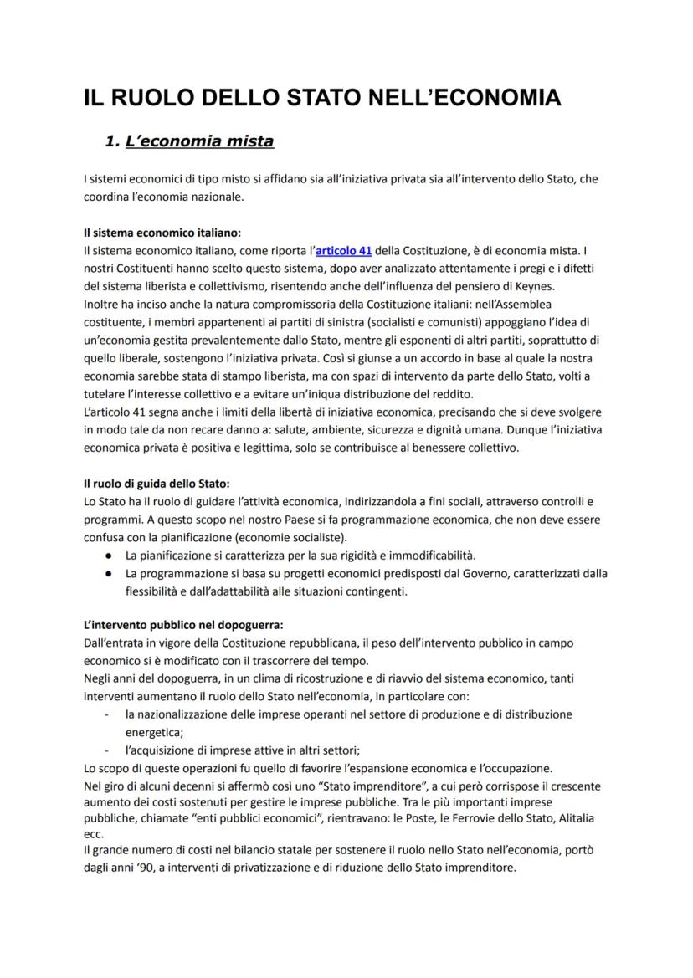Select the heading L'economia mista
pyautogui.click(x=199, y=141)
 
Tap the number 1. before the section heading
pyautogui.click(x=112, y=141)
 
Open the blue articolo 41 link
pyautogui.click(x=343, y=250)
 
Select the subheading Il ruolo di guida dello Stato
pyautogui.click(x=157, y=484)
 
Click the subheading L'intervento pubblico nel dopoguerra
pyautogui.click(x=183, y=624)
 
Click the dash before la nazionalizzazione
pyautogui.click(x=106, y=714)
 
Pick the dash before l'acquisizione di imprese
pyautogui.click(x=106, y=750)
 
